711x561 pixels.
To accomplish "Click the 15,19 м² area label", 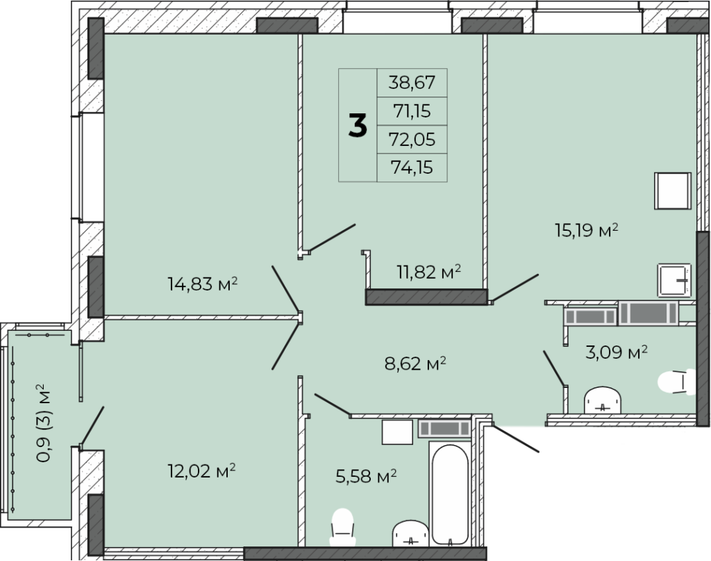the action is pyautogui.click(x=587, y=230).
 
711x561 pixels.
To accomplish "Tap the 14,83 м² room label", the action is pyautogui.click(x=203, y=284).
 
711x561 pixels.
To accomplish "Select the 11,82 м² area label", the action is pyautogui.click(x=429, y=272).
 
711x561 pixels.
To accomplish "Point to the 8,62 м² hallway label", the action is pyautogui.click(x=415, y=364).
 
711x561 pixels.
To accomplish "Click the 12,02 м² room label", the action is pyautogui.click(x=201, y=471).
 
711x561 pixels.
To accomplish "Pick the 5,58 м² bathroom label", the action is pyautogui.click(x=366, y=476).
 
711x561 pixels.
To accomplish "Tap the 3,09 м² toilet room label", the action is pyautogui.click(x=617, y=352).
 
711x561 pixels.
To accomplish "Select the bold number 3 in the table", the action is pyautogui.click(x=358, y=125).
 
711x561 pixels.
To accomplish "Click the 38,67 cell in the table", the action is pyautogui.click(x=412, y=83).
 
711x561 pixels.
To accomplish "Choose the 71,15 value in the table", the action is pyautogui.click(x=412, y=111).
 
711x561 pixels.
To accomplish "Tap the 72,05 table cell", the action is pyautogui.click(x=412, y=139).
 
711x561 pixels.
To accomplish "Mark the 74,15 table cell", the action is pyautogui.click(x=412, y=168).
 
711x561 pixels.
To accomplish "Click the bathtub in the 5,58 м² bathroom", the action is pyautogui.click(x=450, y=494).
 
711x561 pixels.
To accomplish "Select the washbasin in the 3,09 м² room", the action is pyautogui.click(x=603, y=400).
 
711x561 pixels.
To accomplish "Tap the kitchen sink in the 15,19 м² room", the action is pyautogui.click(x=674, y=280).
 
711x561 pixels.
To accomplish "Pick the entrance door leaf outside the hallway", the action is pyautogui.click(x=516, y=439).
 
